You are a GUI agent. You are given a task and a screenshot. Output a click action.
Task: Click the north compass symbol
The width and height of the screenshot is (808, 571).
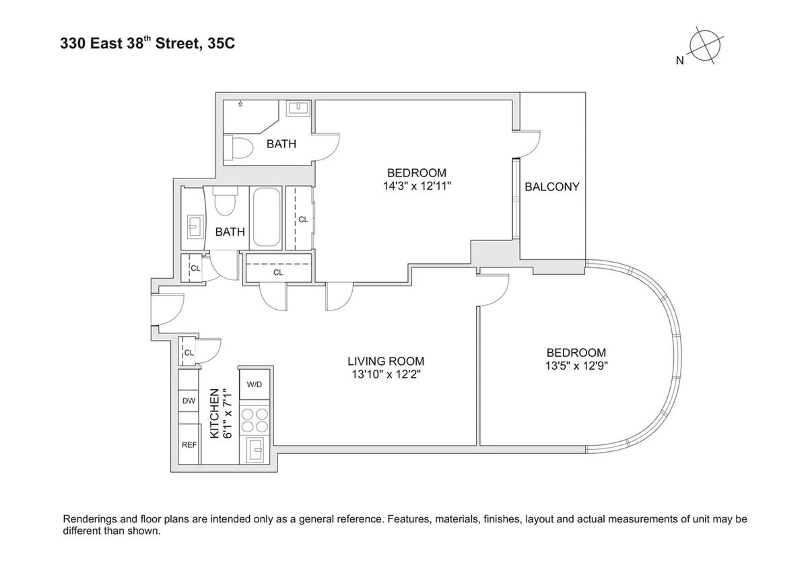[703, 48]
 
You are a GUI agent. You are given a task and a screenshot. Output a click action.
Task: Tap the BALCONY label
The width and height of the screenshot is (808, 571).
[552, 187]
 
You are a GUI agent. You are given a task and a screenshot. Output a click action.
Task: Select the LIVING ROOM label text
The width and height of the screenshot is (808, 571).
[386, 361]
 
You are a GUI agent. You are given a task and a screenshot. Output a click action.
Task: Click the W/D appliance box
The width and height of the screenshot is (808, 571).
[255, 384]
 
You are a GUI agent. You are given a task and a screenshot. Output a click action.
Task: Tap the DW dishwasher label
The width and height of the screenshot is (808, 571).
[189, 401]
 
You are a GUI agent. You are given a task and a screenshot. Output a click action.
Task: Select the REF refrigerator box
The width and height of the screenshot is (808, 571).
[189, 445]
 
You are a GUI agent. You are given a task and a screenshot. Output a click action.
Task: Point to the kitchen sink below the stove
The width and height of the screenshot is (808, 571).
[255, 448]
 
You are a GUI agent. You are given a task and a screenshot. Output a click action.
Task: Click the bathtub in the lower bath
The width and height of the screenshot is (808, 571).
[266, 217]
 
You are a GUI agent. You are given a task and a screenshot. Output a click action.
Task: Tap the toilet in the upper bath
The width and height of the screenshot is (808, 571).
[238, 147]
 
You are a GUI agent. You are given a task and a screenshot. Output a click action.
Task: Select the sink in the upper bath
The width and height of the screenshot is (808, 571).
[297, 108]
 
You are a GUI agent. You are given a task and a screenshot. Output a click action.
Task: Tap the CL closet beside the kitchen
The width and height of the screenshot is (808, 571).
[189, 352]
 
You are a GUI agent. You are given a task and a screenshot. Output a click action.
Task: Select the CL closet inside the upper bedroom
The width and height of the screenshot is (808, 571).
[302, 219]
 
